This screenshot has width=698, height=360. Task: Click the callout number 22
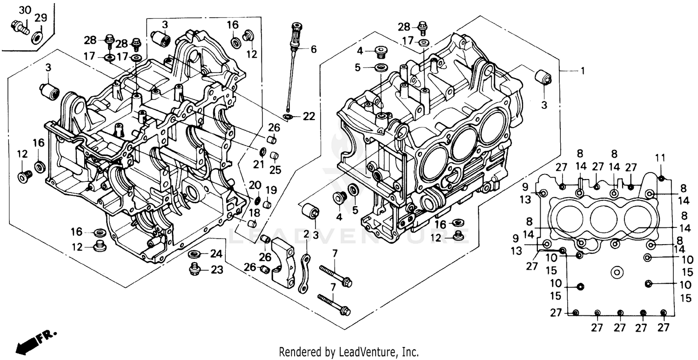click(x=309, y=116)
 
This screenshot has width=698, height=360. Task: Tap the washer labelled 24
click(x=195, y=254)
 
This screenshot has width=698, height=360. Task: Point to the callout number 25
click(x=275, y=170)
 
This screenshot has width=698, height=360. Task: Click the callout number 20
click(x=255, y=185)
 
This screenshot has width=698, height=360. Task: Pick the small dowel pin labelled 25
click(x=275, y=155)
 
